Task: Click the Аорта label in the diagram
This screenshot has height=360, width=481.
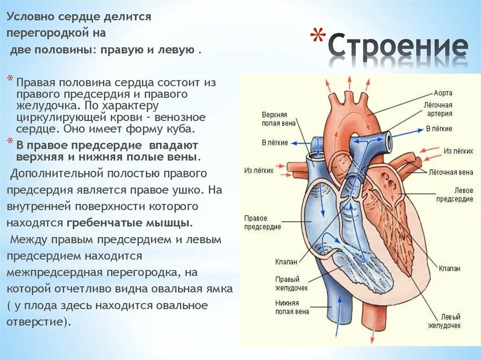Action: (443, 93)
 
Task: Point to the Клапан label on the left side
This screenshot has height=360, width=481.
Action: (286, 261)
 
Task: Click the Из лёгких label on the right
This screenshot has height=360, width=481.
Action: (458, 151)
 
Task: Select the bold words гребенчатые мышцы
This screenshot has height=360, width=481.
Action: (129, 223)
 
